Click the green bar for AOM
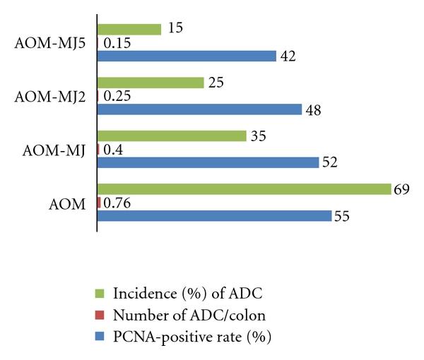point(244,189)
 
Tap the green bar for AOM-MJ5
point(129,29)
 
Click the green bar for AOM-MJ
point(172,136)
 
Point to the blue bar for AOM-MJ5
point(187,56)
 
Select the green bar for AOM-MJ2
point(151,83)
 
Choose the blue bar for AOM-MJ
point(208,162)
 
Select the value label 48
point(312,110)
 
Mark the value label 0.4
point(113,150)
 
